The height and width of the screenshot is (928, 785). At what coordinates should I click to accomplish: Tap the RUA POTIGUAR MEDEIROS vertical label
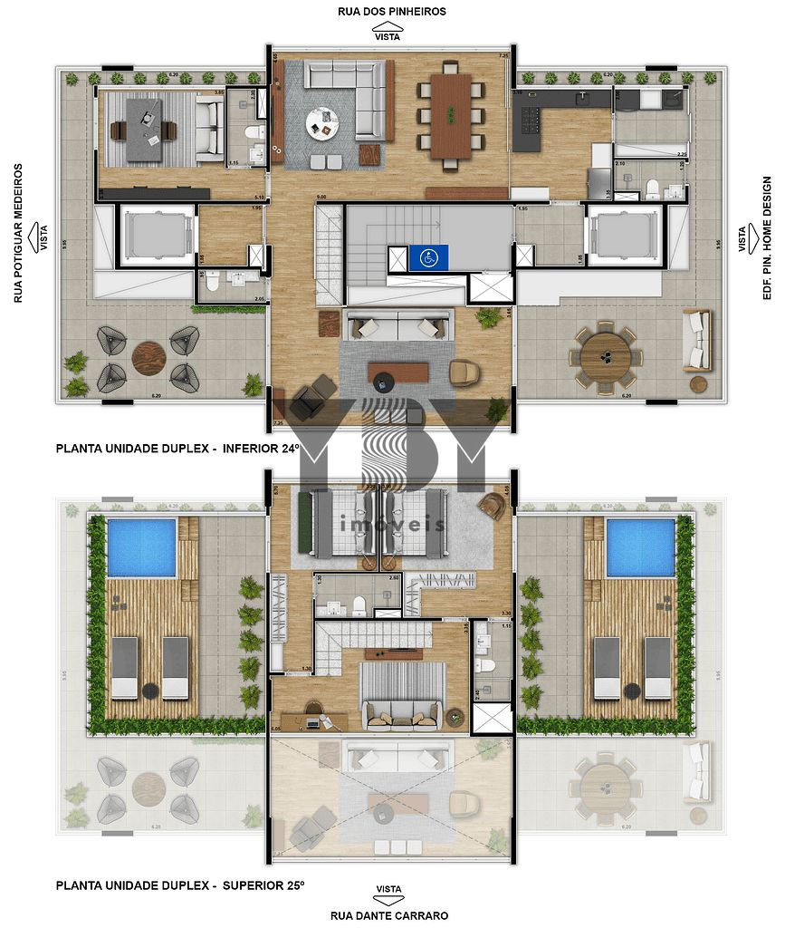(17, 233)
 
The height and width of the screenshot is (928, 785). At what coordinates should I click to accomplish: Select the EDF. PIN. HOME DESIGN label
(767, 239)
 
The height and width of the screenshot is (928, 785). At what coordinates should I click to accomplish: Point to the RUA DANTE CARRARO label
(388, 915)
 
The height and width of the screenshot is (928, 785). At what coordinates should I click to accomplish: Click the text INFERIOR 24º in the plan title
(259, 448)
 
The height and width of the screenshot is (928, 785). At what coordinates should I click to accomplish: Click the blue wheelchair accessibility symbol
(424, 258)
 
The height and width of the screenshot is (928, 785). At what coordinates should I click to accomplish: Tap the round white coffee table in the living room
(321, 122)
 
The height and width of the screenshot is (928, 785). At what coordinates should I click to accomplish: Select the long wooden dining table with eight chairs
(450, 115)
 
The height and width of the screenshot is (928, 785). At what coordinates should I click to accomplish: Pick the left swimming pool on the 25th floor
(142, 547)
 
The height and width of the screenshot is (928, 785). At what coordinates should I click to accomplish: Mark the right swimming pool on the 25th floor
(640, 547)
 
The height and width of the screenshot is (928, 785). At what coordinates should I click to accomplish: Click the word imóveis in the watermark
(392, 525)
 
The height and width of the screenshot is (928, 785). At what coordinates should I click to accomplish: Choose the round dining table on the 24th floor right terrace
(605, 355)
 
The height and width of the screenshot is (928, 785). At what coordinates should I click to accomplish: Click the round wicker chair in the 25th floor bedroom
(493, 505)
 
